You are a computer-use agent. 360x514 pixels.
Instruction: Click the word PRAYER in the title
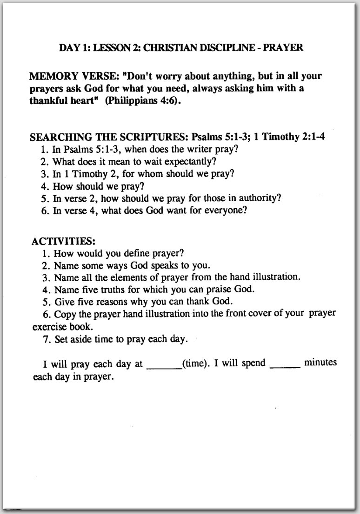point(284,48)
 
